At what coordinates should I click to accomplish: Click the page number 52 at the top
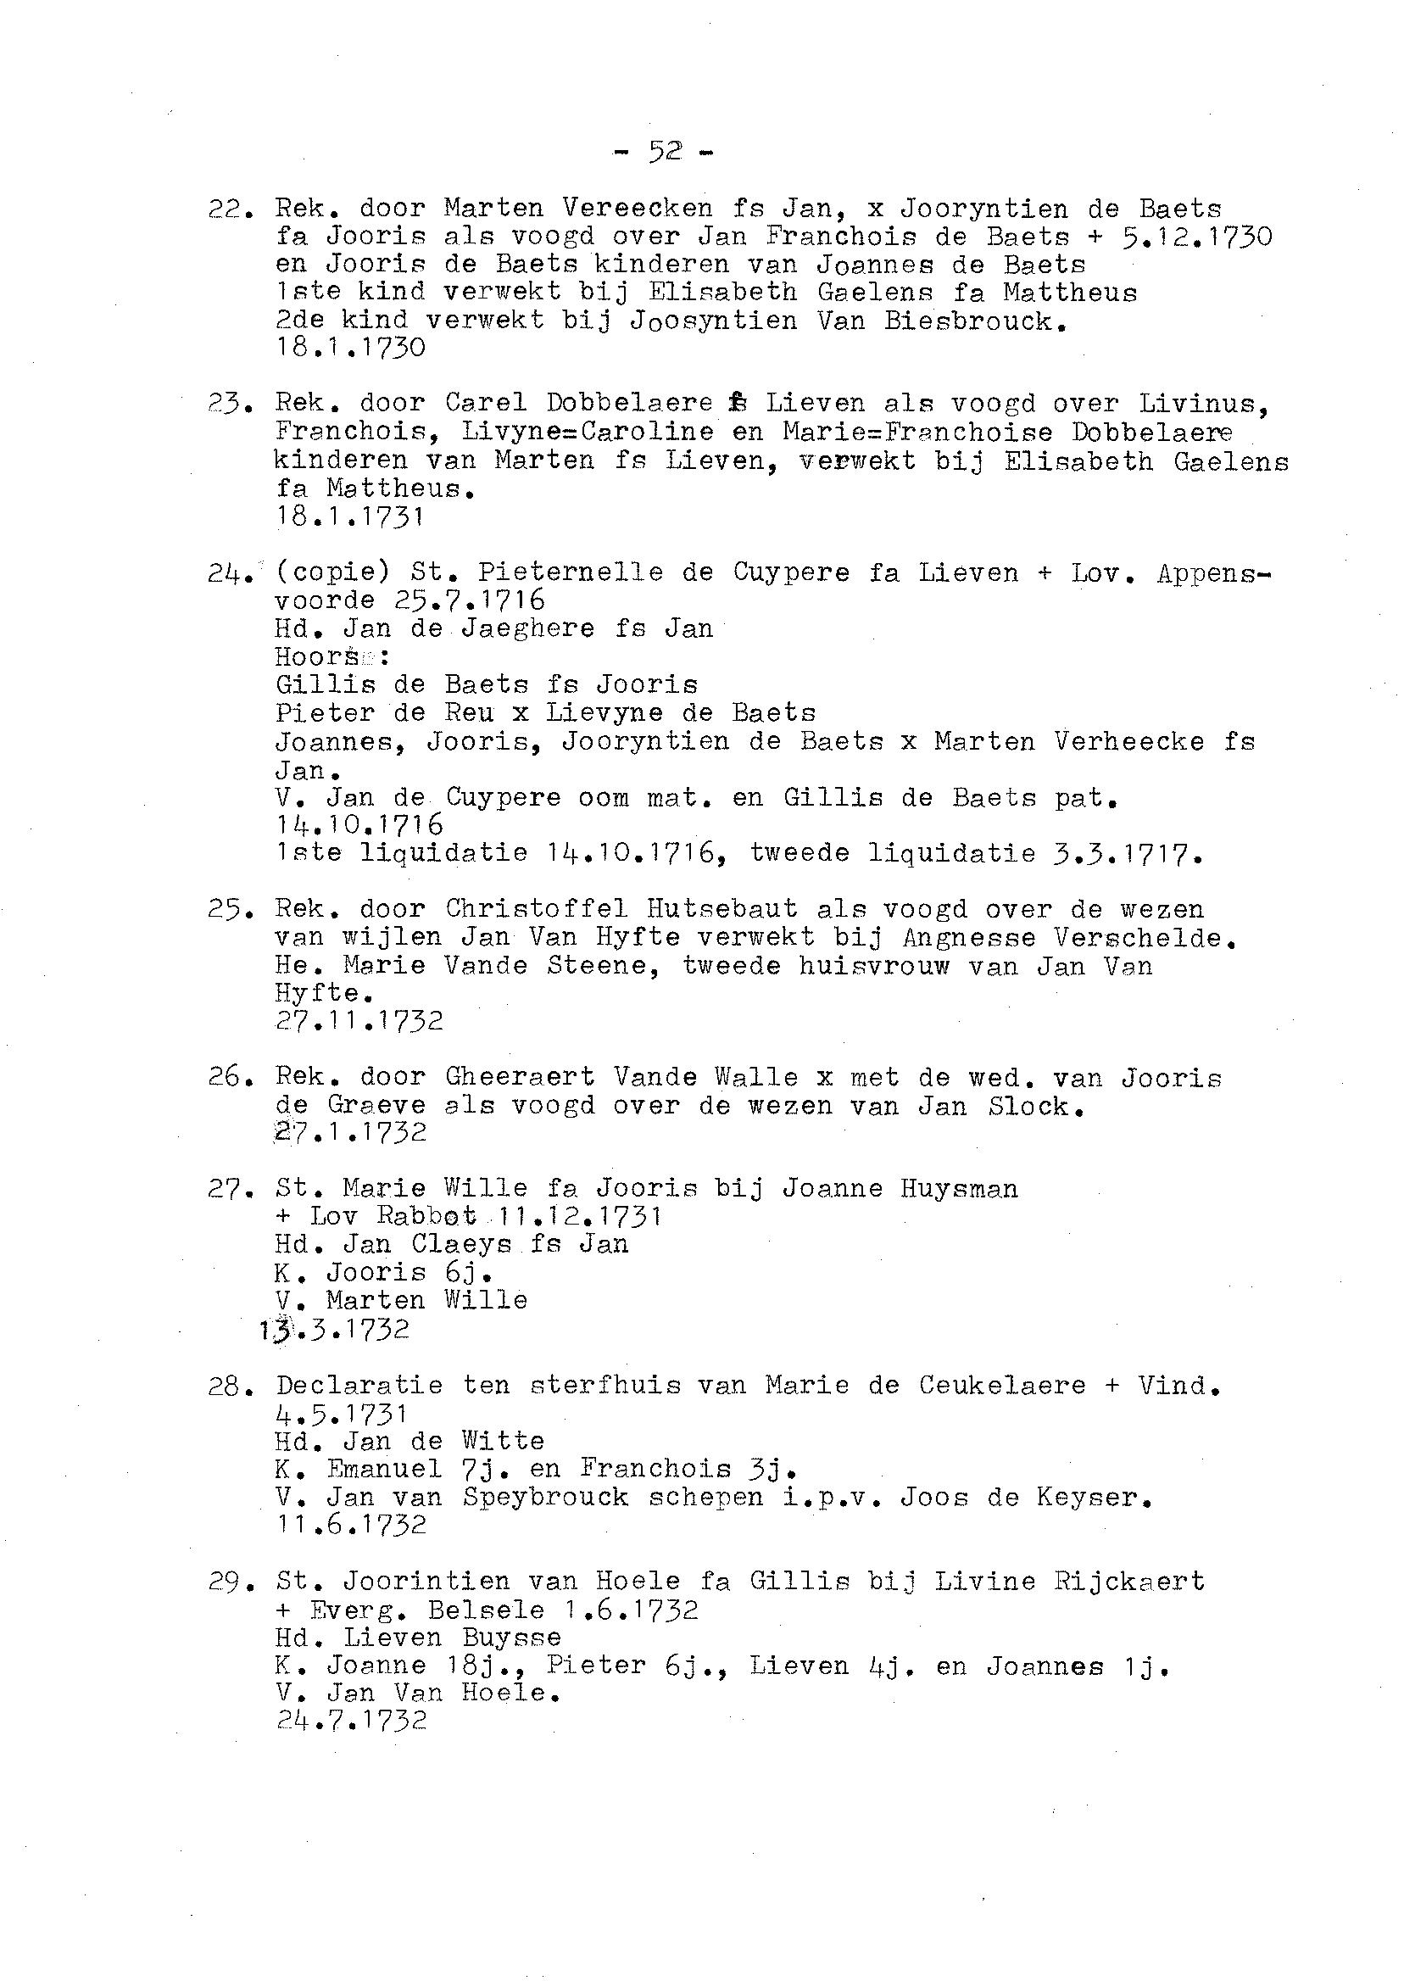tap(665, 152)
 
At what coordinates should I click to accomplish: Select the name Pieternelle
tap(596, 572)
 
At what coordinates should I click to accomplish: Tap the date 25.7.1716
tap(470, 600)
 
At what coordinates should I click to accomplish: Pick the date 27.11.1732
tap(359, 1021)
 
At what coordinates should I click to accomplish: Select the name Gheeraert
tap(520, 1077)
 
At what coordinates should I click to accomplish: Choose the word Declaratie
tap(359, 1385)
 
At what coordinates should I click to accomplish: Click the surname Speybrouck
tap(544, 1498)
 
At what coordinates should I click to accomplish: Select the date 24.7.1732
tap(351, 1721)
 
